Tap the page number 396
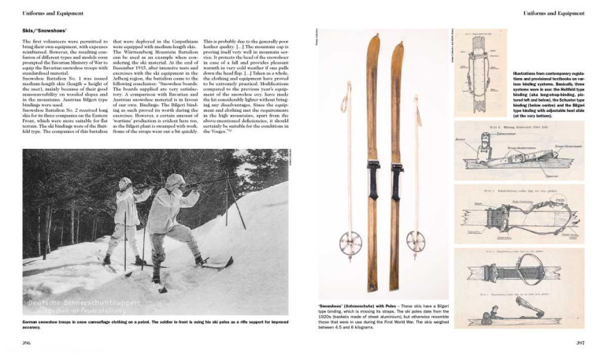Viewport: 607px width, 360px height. (x=28, y=343)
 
